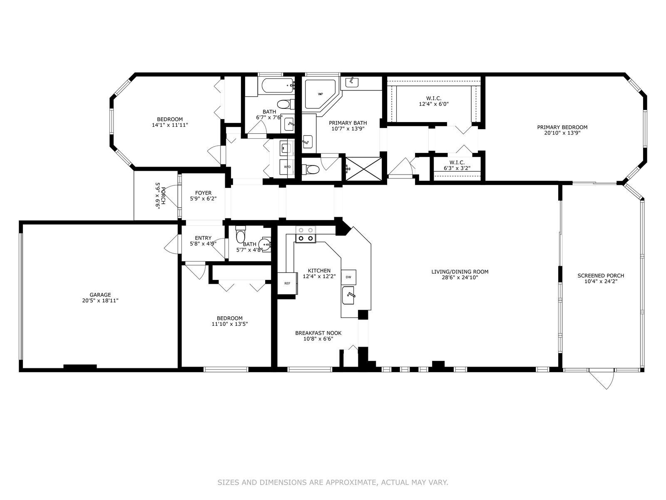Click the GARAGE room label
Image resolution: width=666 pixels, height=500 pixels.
click(x=100, y=295)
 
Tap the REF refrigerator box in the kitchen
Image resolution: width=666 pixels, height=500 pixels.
click(x=287, y=284)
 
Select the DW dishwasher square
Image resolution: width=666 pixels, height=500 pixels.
click(x=348, y=277)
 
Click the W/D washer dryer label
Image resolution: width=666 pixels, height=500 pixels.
click(x=287, y=167)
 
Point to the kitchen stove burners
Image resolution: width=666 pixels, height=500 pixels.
click(x=306, y=234)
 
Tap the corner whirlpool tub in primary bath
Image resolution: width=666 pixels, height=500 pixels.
click(x=320, y=94)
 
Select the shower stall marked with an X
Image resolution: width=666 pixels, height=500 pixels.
click(x=363, y=169)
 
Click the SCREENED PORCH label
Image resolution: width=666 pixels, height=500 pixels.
click(x=601, y=276)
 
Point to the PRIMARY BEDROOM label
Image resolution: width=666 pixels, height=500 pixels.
click(x=562, y=127)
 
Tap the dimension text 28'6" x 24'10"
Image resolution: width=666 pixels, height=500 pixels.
click(x=460, y=277)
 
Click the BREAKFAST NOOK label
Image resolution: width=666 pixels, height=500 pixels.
click(x=318, y=333)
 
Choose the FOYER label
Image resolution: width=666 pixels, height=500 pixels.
click(x=203, y=193)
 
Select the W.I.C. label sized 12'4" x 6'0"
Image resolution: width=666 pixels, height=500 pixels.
click(x=434, y=98)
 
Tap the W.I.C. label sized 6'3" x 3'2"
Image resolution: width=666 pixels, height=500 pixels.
click(x=457, y=163)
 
